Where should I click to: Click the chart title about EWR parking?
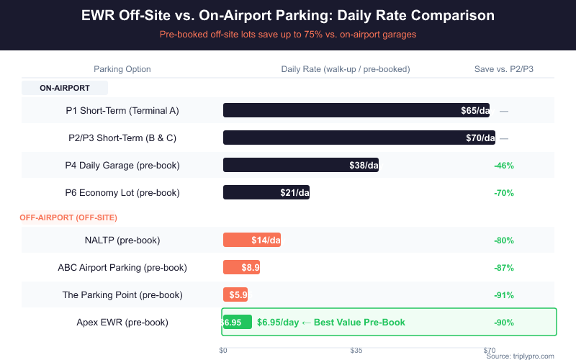click(x=288, y=15)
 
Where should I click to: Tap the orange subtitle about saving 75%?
click(x=288, y=34)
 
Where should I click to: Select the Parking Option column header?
click(x=122, y=69)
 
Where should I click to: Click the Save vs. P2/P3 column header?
click(x=503, y=69)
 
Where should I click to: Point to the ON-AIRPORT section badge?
click(x=65, y=88)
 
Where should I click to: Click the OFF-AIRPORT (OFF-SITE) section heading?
click(x=68, y=217)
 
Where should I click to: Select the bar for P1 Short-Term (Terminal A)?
click(x=356, y=110)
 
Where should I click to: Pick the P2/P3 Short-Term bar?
click(x=359, y=138)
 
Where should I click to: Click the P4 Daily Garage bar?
click(x=301, y=165)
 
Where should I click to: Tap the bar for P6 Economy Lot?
click(x=266, y=192)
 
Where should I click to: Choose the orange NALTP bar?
click(x=252, y=240)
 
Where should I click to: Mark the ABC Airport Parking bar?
click(x=241, y=267)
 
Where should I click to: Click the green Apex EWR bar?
click(x=237, y=322)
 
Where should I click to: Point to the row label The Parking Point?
click(x=122, y=294)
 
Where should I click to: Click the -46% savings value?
click(x=503, y=166)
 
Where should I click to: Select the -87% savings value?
click(x=503, y=268)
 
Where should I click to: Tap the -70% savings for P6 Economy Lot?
click(x=503, y=193)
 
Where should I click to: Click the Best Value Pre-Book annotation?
click(x=331, y=322)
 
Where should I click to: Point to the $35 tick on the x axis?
click(x=356, y=351)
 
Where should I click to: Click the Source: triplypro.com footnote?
click(x=520, y=356)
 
